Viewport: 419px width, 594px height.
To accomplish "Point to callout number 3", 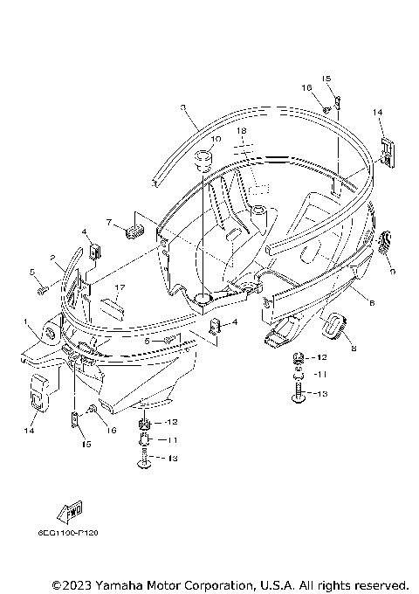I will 182,107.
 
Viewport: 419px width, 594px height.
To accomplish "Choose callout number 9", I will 393,272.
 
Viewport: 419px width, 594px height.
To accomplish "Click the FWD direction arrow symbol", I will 73,511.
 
